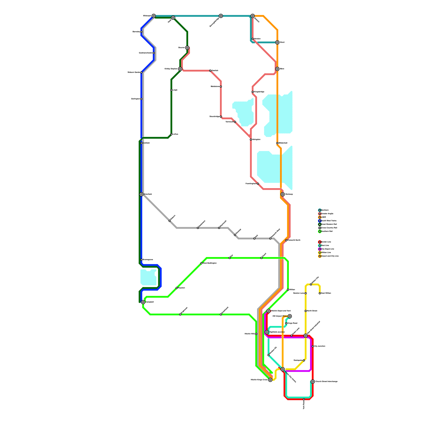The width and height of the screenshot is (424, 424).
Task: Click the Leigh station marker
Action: (x=171, y=90)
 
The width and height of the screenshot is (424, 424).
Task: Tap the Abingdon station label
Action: (x=256, y=139)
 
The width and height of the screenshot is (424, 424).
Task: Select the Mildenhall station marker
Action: (x=277, y=143)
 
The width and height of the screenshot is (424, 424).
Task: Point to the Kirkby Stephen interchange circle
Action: (x=180, y=69)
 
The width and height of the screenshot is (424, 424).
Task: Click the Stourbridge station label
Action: (x=214, y=117)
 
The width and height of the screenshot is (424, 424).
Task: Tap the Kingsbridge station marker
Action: (x=253, y=92)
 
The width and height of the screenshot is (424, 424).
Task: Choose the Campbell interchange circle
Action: (x=143, y=302)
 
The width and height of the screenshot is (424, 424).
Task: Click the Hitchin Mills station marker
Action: (x=256, y=334)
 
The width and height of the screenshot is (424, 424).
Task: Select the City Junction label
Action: (x=320, y=346)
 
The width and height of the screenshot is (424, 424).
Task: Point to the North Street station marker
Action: (x=306, y=311)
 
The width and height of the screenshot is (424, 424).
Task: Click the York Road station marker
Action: (x=304, y=399)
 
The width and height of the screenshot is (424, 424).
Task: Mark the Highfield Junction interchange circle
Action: (x=267, y=332)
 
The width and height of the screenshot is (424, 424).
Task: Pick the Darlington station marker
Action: (x=141, y=99)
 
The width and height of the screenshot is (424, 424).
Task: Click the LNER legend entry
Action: (x=324, y=217)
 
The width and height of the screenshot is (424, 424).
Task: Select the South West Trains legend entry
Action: (x=329, y=221)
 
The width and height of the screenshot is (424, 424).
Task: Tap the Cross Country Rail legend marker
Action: (x=320, y=228)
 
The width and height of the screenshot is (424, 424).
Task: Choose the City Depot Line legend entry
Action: (x=328, y=249)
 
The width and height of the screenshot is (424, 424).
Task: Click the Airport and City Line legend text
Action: (x=330, y=256)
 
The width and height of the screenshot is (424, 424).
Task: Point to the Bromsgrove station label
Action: (x=148, y=259)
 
